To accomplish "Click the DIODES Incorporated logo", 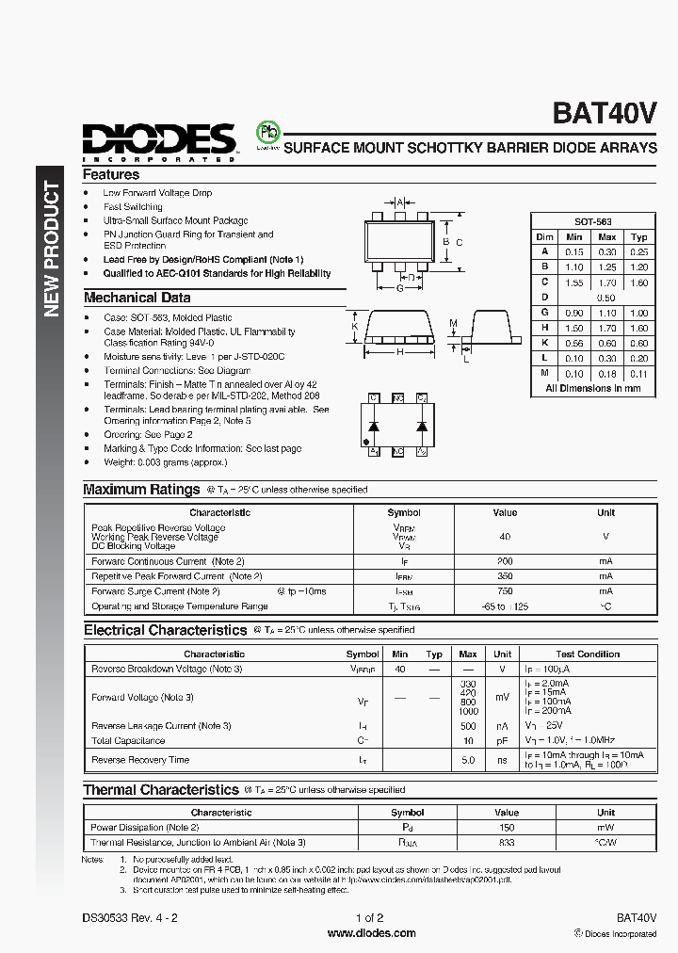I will (x=158, y=142).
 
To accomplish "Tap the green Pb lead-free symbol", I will (x=267, y=133).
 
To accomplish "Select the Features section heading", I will (x=111, y=174).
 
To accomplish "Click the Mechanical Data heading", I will (x=137, y=298).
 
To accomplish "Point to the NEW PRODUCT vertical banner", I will (x=52, y=249).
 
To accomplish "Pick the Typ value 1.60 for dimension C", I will (x=639, y=283).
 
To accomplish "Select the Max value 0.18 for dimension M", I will (x=607, y=374).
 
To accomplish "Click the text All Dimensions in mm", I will (x=593, y=388).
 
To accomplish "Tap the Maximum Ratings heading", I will (x=141, y=490).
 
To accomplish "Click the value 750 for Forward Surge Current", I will (x=505, y=591).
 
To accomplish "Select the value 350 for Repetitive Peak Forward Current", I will (x=505, y=576).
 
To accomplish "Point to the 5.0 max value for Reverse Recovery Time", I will (x=467, y=760).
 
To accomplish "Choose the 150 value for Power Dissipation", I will (x=507, y=827).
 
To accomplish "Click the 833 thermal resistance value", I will (x=507, y=842).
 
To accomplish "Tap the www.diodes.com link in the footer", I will (x=371, y=933).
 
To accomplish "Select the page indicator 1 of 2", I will (x=371, y=917).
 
